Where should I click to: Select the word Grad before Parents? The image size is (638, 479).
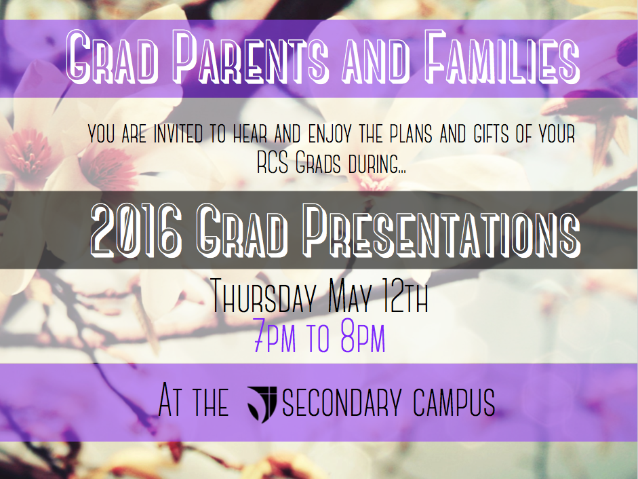(112, 57)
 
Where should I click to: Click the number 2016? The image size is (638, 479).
(136, 231)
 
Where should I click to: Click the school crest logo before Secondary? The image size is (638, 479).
(262, 403)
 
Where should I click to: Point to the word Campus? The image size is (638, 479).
(454, 402)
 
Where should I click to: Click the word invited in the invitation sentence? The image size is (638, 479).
(178, 134)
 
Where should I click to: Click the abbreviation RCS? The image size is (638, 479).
(273, 164)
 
